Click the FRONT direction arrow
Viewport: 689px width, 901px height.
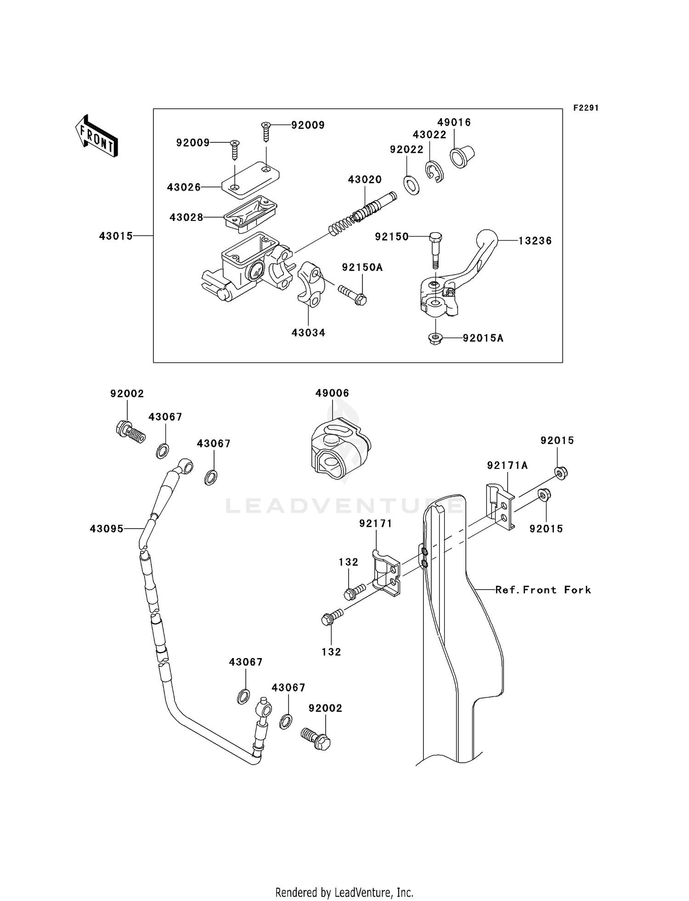click(x=97, y=136)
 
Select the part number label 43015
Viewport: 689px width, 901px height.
click(x=116, y=236)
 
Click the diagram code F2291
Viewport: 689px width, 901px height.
click(x=586, y=108)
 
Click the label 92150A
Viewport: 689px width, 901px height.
click(x=362, y=267)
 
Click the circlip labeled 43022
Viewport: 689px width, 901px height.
click(x=434, y=173)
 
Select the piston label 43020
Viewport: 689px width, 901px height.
click(x=365, y=180)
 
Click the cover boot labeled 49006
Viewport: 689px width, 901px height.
click(x=340, y=448)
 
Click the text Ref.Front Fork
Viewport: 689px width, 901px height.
click(x=543, y=590)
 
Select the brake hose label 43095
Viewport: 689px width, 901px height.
click(x=107, y=529)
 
